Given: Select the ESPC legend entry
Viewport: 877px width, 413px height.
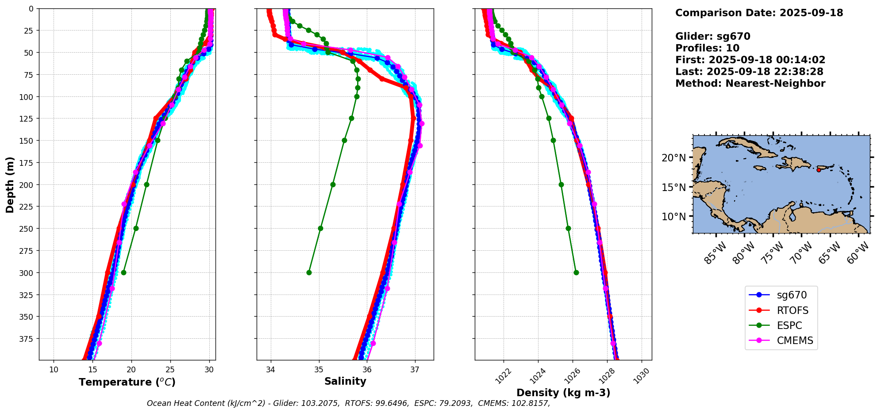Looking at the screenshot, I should tap(789, 325).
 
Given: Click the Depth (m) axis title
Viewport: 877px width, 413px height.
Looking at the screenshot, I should tap(10, 184).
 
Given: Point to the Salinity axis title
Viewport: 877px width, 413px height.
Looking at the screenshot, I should tap(345, 382).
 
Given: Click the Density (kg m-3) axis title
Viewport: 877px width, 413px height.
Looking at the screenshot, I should tap(563, 393).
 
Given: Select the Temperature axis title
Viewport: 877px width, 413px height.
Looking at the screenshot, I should tap(127, 382).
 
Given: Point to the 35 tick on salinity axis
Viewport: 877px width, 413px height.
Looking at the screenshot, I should tap(319, 370).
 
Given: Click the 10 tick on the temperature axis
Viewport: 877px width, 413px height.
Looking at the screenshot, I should tap(54, 370).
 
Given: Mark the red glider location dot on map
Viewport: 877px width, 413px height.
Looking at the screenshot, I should tap(819, 170).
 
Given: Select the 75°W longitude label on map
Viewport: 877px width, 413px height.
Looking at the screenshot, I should tap(773, 253).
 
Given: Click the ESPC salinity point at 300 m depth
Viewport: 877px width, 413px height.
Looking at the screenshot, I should tap(309, 272).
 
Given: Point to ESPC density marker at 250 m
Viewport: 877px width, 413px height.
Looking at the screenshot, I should tap(568, 229).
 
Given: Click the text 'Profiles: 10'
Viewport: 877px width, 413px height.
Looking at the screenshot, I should tap(707, 48).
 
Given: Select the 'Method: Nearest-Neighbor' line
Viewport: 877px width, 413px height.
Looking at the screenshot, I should tap(750, 84).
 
